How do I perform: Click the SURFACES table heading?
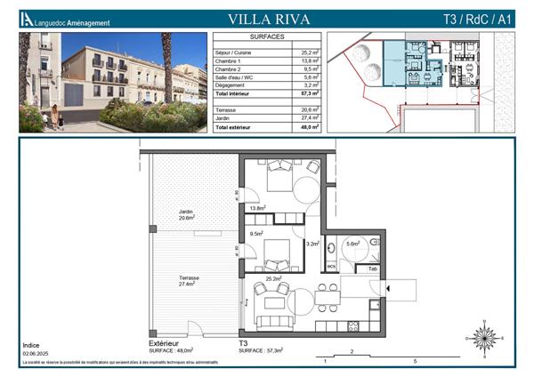click(x=267, y=38)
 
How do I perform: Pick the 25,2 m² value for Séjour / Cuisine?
click(x=311, y=52)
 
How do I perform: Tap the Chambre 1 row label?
click(x=229, y=60)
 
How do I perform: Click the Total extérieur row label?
click(x=233, y=130)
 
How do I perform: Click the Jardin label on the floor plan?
click(x=186, y=212)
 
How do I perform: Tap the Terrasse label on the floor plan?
click(x=187, y=278)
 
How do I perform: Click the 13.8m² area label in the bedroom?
click(x=259, y=208)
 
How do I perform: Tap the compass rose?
click(x=485, y=337)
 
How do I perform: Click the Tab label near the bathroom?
click(x=373, y=269)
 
